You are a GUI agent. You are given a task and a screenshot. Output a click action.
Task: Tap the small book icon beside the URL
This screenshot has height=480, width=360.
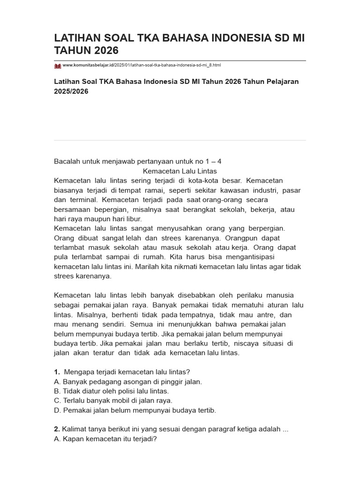(x=58, y=66)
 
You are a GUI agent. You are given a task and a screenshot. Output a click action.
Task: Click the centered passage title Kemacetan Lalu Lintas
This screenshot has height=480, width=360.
(x=180, y=171)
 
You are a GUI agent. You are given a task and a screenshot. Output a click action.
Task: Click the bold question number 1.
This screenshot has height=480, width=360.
(x=57, y=372)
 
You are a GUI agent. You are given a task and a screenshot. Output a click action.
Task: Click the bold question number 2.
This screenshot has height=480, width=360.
(x=57, y=429)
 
